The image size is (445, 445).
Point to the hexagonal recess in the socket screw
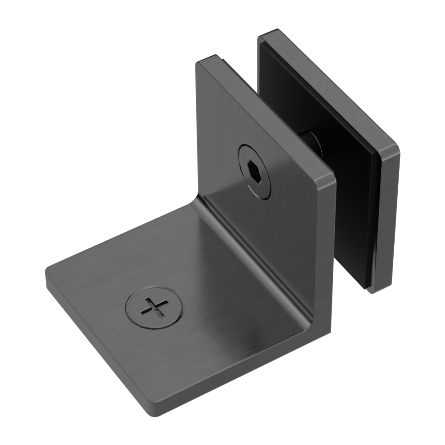pos(252,170)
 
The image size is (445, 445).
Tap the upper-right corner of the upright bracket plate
pos(333,178)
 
